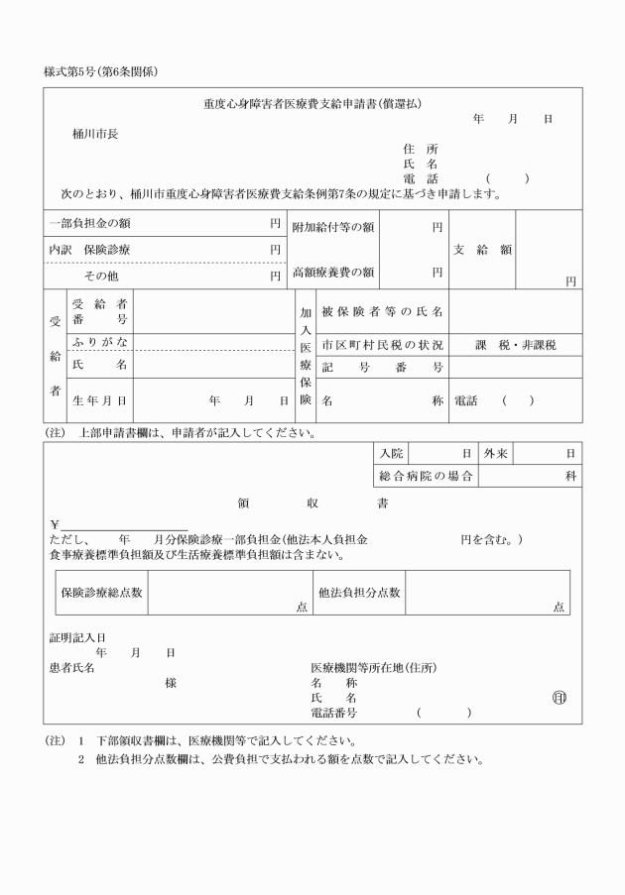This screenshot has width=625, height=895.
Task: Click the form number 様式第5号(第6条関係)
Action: [x=102, y=71]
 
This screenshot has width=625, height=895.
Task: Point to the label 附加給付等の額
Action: [x=332, y=227]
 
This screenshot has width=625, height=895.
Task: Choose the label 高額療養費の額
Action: [x=332, y=272]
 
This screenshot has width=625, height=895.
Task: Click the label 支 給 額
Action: [x=482, y=250]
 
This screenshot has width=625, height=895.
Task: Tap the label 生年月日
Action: [x=99, y=401]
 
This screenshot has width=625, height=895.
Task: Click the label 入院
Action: [x=391, y=453]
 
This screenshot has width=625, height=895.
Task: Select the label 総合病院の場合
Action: [x=425, y=476]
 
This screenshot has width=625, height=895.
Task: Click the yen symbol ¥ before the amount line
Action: [x=55, y=524]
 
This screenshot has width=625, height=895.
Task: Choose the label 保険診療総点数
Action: [x=101, y=593]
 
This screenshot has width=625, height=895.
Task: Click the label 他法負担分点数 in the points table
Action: [x=359, y=593]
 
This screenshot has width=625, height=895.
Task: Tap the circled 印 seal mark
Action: [x=560, y=696]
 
